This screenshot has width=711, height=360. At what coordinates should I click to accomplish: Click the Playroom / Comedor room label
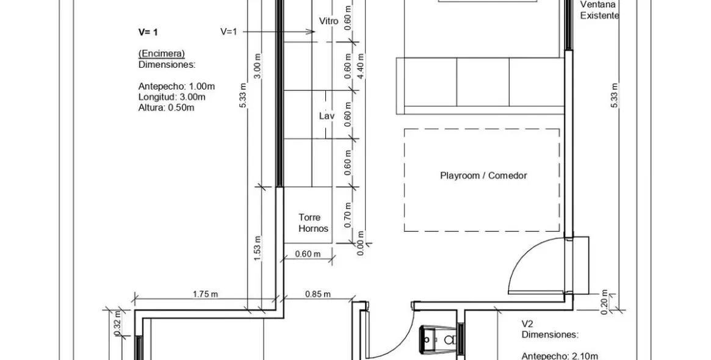(x=483, y=176)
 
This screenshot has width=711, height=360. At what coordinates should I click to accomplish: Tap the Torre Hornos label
(x=313, y=223)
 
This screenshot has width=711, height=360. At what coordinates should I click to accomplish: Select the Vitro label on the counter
(x=329, y=21)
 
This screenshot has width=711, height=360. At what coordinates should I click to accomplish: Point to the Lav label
(x=327, y=115)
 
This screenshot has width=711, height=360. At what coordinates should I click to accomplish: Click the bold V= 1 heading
(x=148, y=32)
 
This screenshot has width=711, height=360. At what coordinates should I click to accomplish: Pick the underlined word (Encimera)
(x=162, y=54)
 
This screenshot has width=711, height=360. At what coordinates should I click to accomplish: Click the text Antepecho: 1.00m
(x=176, y=86)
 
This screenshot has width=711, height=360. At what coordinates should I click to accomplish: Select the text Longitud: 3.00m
(x=172, y=97)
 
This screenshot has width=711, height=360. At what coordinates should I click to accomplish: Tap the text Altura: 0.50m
(x=167, y=108)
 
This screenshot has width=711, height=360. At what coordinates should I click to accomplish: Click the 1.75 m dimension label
(x=206, y=294)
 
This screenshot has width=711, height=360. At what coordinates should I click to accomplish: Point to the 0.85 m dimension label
(x=318, y=294)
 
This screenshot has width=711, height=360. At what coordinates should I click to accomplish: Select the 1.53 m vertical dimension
(x=257, y=248)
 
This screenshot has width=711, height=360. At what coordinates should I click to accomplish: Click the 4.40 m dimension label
(x=361, y=66)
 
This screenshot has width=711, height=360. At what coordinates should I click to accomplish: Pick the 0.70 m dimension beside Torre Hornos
(x=348, y=215)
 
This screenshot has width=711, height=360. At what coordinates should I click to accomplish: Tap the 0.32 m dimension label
(x=117, y=324)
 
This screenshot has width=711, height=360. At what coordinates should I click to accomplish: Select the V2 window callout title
(x=527, y=324)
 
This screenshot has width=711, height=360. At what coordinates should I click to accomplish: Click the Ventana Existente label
(x=599, y=10)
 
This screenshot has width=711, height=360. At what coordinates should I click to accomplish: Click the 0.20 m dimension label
(x=604, y=302)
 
